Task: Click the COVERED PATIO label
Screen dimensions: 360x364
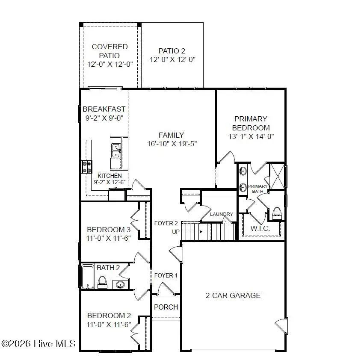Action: click(109, 51)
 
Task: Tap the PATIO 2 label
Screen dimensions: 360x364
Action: click(172, 51)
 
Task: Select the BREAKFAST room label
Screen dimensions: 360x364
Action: click(104, 109)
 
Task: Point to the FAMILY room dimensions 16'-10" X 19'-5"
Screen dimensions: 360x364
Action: click(172, 144)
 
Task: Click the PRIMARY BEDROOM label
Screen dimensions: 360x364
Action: click(251, 123)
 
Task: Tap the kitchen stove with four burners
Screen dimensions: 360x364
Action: click(87, 167)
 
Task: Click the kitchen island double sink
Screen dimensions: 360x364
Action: click(116, 151)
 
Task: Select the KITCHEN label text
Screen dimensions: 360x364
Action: click(109, 176)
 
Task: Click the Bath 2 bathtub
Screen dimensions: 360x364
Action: click(88, 276)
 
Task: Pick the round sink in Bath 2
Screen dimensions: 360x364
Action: click(120, 284)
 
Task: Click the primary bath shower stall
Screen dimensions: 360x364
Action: click(277, 176)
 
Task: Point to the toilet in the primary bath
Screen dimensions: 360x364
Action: click(277, 212)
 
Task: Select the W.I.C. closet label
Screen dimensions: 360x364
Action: click(260, 229)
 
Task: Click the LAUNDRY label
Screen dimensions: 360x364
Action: click(222, 214)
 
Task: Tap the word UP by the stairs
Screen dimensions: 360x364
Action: click(176, 232)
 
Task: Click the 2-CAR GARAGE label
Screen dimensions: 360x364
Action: click(233, 295)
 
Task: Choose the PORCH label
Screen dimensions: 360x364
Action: click(166, 307)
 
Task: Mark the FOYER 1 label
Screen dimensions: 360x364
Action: click(166, 275)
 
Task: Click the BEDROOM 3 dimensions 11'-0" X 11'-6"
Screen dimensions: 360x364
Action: click(108, 238)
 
